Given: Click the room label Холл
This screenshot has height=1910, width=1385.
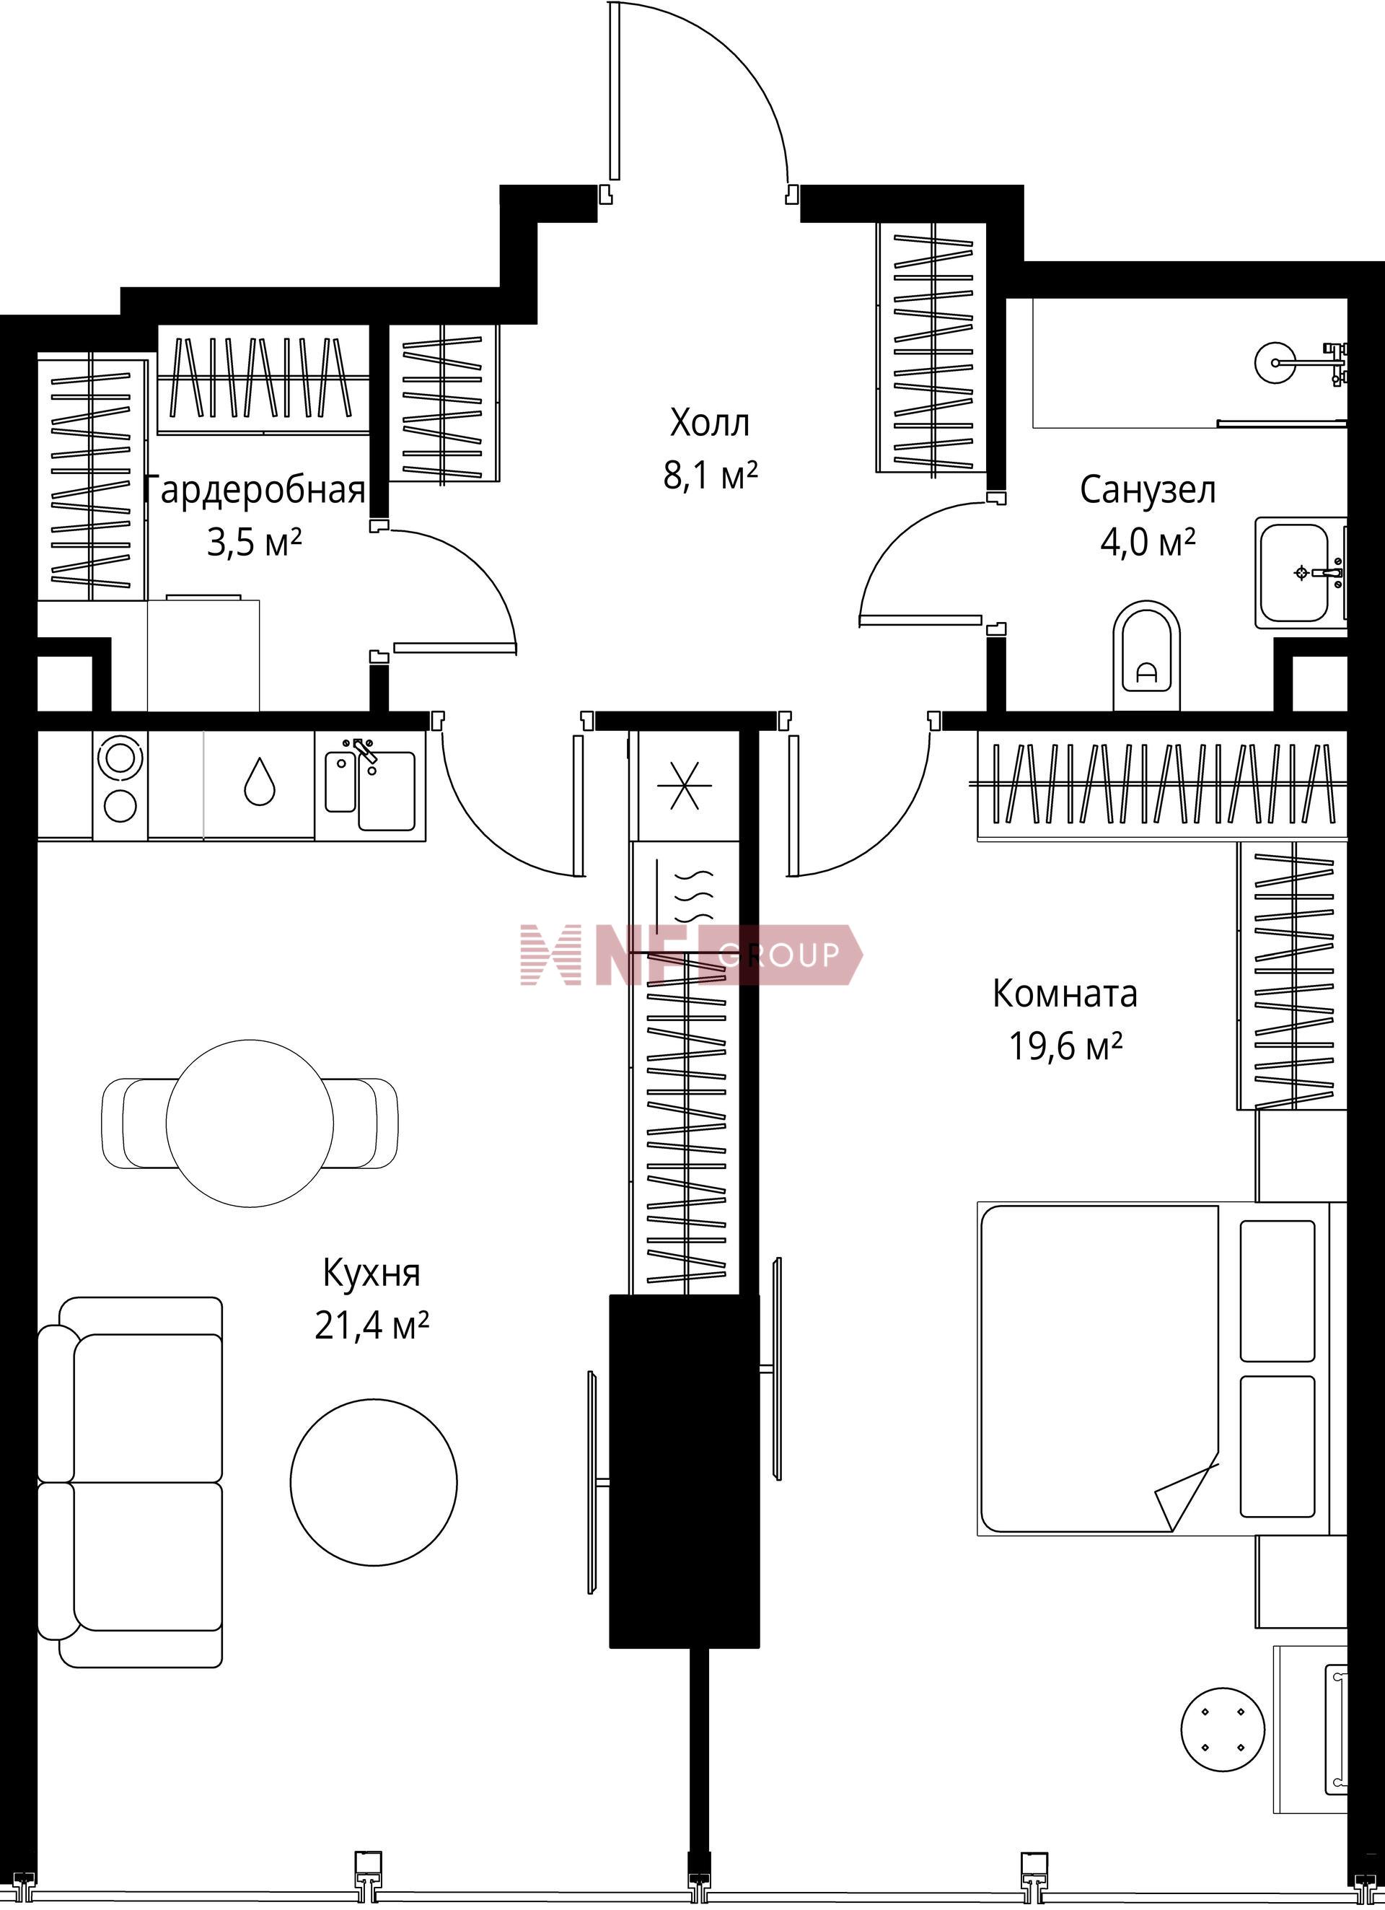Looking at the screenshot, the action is click(x=709, y=423).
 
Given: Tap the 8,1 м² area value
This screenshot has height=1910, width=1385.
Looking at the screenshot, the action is click(x=711, y=476).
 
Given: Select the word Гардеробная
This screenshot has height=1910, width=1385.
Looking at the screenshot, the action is click(x=255, y=491).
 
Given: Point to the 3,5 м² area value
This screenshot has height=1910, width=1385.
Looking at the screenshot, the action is click(x=254, y=543).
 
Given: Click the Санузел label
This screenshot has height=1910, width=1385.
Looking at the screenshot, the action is click(x=1148, y=490).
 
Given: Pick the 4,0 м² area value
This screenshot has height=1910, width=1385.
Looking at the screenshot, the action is click(x=1148, y=543).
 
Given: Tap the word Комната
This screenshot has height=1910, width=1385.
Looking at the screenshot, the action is click(x=1065, y=994).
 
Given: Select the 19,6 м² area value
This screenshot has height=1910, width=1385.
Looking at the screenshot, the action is click(x=1066, y=1047).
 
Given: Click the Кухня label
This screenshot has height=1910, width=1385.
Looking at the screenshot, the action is click(x=371, y=1274).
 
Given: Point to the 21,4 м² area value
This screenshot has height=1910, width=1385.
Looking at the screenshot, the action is click(x=372, y=1326).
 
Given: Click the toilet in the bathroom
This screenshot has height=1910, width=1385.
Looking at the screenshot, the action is click(x=1147, y=655).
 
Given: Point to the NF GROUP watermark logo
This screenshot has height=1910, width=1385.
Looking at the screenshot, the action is click(x=691, y=954).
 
